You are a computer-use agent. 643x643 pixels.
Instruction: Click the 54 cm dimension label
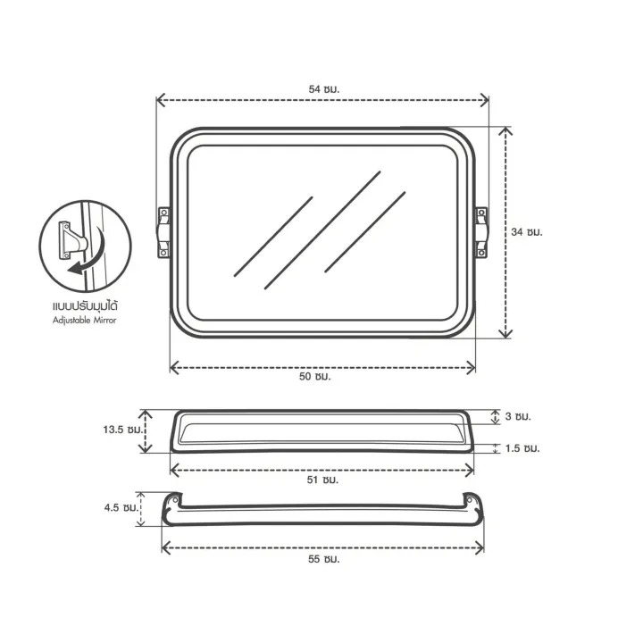(x=324, y=89)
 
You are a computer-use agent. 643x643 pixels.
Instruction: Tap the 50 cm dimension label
(x=314, y=377)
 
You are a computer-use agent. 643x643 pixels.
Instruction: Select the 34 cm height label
(x=527, y=232)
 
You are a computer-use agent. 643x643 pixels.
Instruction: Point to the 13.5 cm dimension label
(x=123, y=430)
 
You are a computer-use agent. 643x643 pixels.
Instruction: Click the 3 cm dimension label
(x=518, y=417)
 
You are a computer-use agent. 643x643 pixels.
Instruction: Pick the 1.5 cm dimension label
(x=522, y=448)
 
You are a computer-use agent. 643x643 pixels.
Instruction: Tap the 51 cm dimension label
(x=322, y=480)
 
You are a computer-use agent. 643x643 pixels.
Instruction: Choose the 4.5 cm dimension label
(x=120, y=507)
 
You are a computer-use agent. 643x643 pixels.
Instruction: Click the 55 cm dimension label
(x=324, y=559)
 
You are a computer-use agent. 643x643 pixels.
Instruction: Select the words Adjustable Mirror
(x=85, y=321)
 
